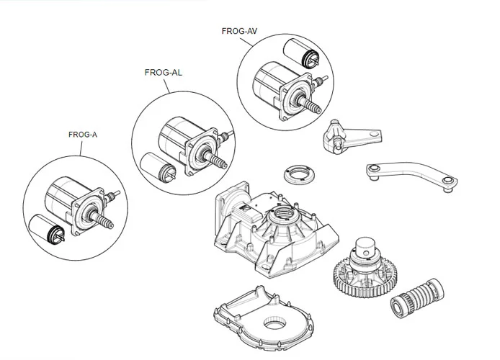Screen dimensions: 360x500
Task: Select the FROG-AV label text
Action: pyautogui.click(x=239, y=31)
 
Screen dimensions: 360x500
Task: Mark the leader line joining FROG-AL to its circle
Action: pyautogui.click(x=167, y=86)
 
